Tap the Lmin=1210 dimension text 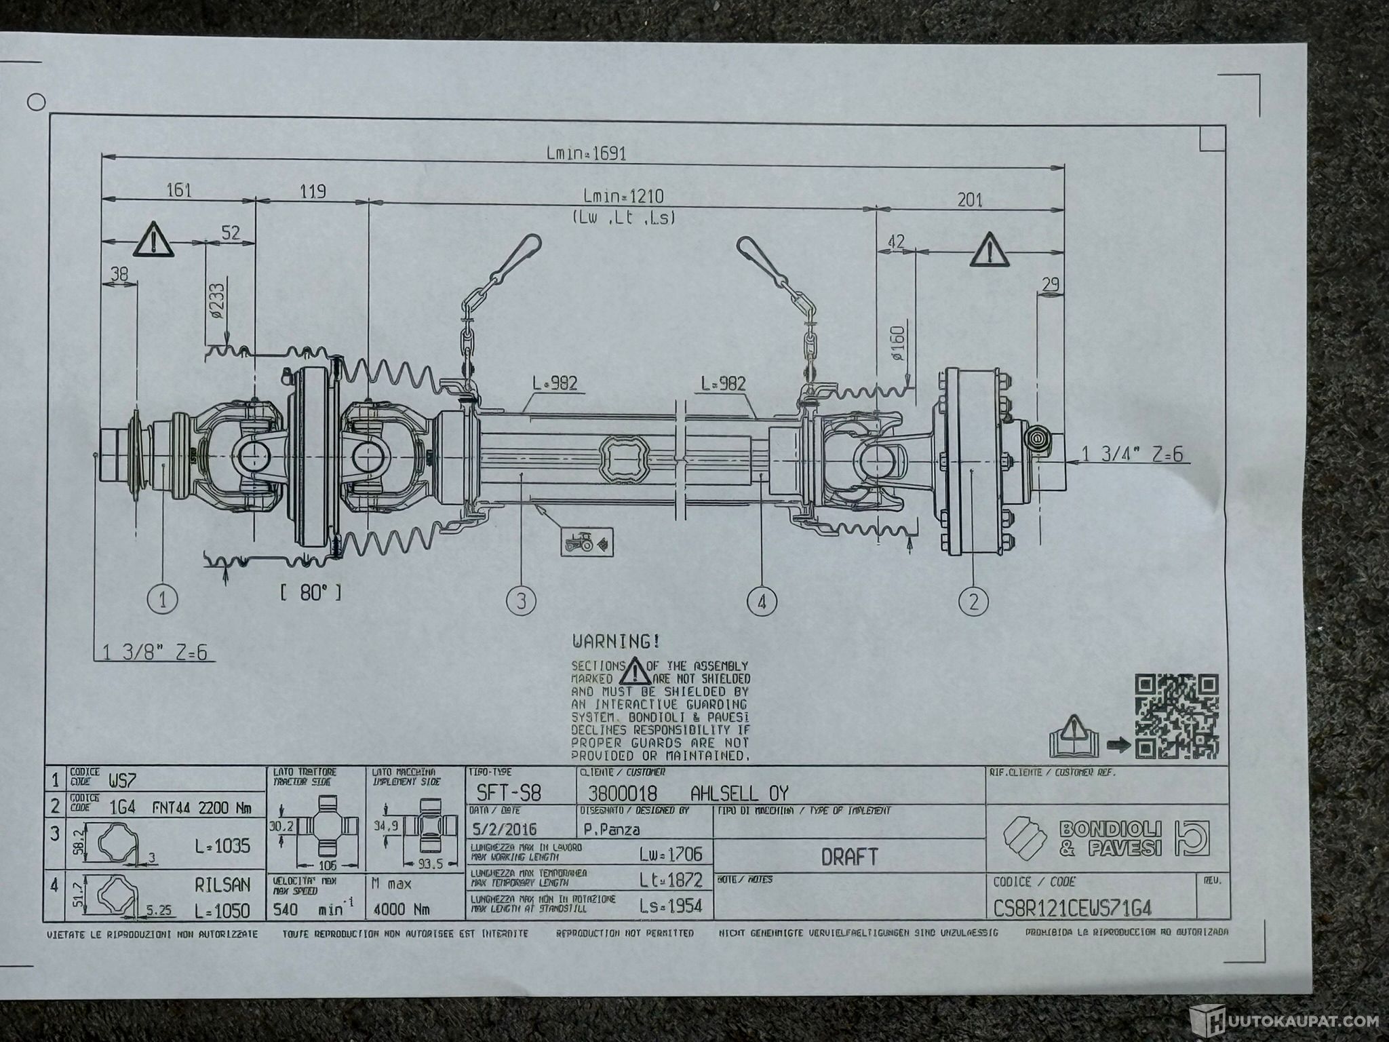[623, 197]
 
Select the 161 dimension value [179, 190]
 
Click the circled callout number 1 [163, 599]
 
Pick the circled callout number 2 [974, 600]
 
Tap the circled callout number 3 [521, 600]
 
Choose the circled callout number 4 [761, 600]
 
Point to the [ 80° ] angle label [310, 592]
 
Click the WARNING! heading [616, 641]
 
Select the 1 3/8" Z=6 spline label [155, 653]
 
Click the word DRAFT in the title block [849, 857]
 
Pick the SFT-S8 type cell [509, 793]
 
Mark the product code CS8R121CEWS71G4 [1072, 908]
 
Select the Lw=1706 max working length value [671, 853]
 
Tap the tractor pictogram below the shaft [587, 542]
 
